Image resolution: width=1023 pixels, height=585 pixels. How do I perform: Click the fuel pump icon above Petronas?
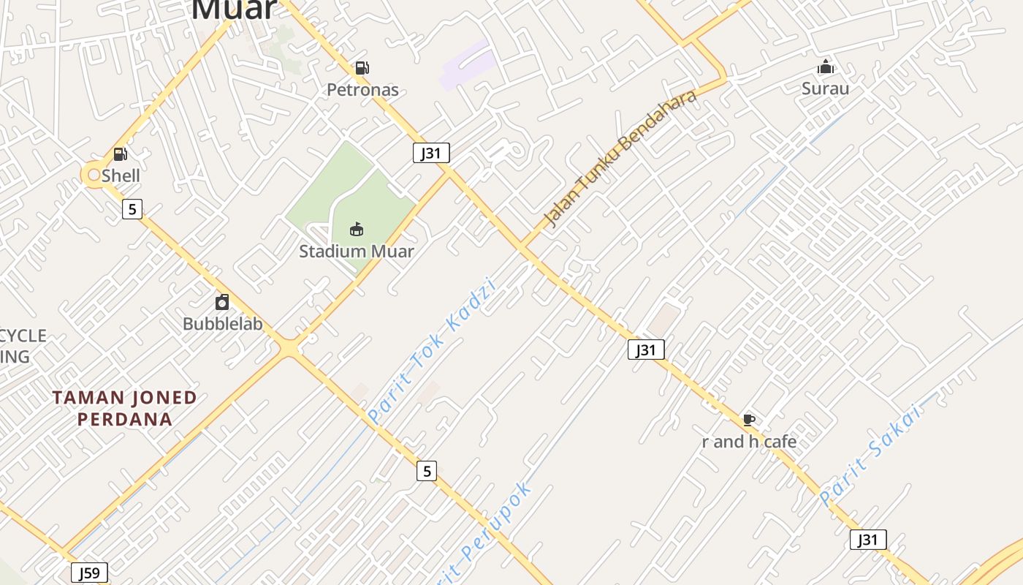point(362,68)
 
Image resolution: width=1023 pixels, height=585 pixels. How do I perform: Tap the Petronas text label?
point(362,90)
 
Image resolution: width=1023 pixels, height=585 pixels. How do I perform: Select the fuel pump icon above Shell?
point(121,154)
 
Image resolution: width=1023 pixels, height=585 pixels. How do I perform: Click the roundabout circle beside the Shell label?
point(93,175)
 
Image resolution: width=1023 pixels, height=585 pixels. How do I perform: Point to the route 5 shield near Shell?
point(132,210)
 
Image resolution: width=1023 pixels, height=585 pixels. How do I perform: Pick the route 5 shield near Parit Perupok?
point(427,471)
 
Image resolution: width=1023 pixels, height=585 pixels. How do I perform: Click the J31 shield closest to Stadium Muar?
point(431,153)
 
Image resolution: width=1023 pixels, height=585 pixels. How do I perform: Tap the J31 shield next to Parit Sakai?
point(868,540)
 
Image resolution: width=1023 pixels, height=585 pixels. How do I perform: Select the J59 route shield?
point(90,573)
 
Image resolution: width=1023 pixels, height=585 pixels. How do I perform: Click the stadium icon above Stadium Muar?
point(357,230)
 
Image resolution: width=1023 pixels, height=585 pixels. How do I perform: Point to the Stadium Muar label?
point(357,252)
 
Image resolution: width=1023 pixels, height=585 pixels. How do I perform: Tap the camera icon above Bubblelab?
point(222,302)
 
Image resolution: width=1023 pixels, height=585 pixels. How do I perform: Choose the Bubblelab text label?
point(222,324)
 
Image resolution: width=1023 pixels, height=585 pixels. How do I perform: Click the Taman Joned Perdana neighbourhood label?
point(125,409)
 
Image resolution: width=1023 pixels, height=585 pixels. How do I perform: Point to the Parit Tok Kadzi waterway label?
point(432,351)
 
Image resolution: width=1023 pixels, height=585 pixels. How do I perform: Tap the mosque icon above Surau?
point(826,67)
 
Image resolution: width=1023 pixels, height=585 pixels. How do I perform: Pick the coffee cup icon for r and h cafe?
point(749,420)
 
